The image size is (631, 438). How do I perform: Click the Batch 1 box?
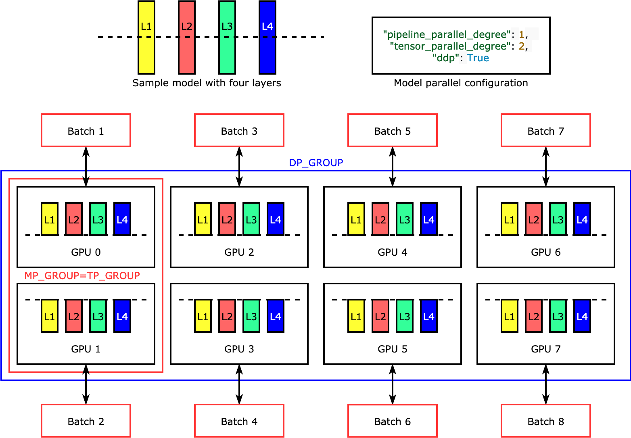coord(86,130)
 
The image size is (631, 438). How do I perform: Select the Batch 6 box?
coord(392,421)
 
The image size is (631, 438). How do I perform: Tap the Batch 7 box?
coord(545,130)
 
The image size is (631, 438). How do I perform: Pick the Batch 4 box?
coord(239,421)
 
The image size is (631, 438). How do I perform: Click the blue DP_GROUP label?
coord(316,163)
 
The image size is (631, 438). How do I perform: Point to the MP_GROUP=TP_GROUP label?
coord(82,276)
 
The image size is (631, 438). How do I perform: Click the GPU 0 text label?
coord(86,252)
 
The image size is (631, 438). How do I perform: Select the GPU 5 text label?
coord(392,349)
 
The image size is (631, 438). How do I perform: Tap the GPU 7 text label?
coord(545,349)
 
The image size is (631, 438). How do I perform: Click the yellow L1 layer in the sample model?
coord(146,38)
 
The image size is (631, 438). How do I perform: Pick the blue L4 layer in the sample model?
coord(267,38)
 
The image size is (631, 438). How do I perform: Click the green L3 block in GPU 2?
coord(251,219)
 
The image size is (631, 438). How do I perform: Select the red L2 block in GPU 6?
coord(533,219)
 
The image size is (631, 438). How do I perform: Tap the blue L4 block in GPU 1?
coord(122,316)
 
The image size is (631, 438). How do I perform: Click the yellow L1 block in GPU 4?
coord(356,219)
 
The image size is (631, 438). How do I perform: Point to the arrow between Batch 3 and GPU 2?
coord(239,167)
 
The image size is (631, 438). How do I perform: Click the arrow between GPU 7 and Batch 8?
coord(545,384)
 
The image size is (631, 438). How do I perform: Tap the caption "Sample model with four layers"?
coord(207,83)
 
